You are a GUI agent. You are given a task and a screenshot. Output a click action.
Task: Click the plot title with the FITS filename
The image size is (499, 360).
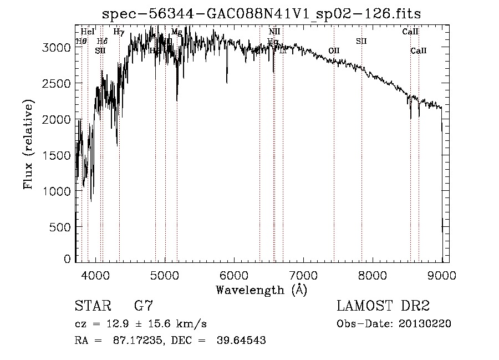(x=266, y=13)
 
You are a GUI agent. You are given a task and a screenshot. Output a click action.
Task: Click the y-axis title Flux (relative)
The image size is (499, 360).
(x=28, y=144)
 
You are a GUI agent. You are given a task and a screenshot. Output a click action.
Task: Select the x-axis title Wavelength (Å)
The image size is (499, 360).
(x=261, y=290)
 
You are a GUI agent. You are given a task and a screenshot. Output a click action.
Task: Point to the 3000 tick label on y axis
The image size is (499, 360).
(x=57, y=48)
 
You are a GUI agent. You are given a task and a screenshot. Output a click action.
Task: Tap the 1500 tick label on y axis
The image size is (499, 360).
(x=57, y=155)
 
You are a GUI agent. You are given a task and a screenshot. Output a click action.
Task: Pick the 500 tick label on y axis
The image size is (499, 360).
(x=62, y=227)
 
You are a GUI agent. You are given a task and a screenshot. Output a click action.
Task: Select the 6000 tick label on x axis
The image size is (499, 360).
(x=234, y=275)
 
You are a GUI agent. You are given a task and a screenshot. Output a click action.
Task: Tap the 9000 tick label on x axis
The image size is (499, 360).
(x=441, y=275)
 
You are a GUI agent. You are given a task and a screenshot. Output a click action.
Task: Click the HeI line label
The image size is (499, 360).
(x=88, y=32)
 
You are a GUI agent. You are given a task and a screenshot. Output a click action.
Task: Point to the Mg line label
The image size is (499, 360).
(x=176, y=32)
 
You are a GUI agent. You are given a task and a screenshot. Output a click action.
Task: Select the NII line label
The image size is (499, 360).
(x=274, y=32)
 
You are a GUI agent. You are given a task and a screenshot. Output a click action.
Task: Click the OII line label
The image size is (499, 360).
(x=334, y=50)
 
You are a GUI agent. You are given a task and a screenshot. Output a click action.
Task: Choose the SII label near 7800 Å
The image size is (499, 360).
(x=361, y=41)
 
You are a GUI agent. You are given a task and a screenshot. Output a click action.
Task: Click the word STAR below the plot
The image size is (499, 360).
(x=91, y=306)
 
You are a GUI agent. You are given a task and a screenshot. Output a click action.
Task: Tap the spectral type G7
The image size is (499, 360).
(x=144, y=306)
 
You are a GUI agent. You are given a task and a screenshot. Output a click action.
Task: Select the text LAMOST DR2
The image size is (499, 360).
(x=383, y=306)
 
